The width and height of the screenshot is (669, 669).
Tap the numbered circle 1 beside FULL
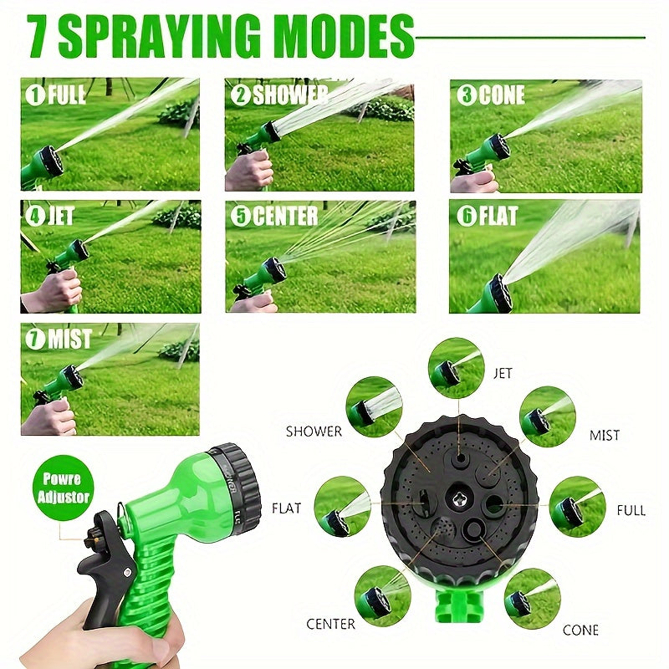tap(35, 94)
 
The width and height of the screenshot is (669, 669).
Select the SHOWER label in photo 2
tap(290, 94)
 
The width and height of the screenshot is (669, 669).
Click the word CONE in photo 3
tap(501, 95)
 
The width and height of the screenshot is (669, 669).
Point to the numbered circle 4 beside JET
tap(35, 216)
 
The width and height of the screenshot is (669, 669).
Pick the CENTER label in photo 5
tap(285, 216)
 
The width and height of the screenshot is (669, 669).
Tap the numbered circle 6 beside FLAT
tap(467, 216)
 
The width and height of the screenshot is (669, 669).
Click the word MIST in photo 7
tap(69, 340)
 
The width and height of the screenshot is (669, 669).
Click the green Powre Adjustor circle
tap(63, 488)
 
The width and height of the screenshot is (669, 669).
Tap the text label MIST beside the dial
tap(604, 435)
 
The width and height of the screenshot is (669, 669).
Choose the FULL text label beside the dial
tap(631, 510)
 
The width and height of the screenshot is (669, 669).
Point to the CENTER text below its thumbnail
tap(330, 624)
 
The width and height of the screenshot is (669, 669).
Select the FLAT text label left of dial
tap(287, 508)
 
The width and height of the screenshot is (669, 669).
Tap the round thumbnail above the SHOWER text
tap(374, 406)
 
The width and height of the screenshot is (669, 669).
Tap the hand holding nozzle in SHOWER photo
tap(249, 171)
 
